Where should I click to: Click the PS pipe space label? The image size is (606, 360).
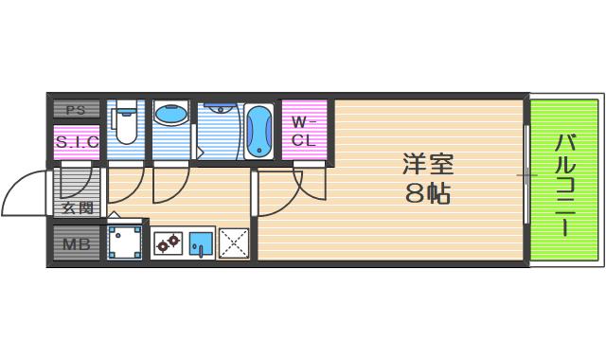(x=76, y=110)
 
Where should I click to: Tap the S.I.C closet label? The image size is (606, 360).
(x=77, y=142)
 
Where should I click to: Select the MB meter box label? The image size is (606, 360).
(x=77, y=244)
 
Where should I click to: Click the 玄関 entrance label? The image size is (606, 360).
(x=78, y=208)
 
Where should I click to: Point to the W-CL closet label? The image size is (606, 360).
(x=304, y=132)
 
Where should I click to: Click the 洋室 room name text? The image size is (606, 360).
(x=428, y=164)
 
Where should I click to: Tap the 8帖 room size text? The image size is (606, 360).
(x=428, y=192)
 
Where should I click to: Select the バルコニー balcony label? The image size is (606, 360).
(x=566, y=186)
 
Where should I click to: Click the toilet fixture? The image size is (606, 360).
(x=124, y=122)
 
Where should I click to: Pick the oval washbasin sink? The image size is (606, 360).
(x=170, y=114)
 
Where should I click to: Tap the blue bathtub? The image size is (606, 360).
(x=258, y=132)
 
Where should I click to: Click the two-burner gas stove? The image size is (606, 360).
(x=169, y=243)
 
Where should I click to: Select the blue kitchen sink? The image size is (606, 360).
(x=201, y=243)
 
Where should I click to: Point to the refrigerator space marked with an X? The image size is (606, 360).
(x=234, y=243)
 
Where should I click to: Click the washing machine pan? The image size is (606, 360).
(x=124, y=243)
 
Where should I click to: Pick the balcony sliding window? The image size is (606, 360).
(x=526, y=174)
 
